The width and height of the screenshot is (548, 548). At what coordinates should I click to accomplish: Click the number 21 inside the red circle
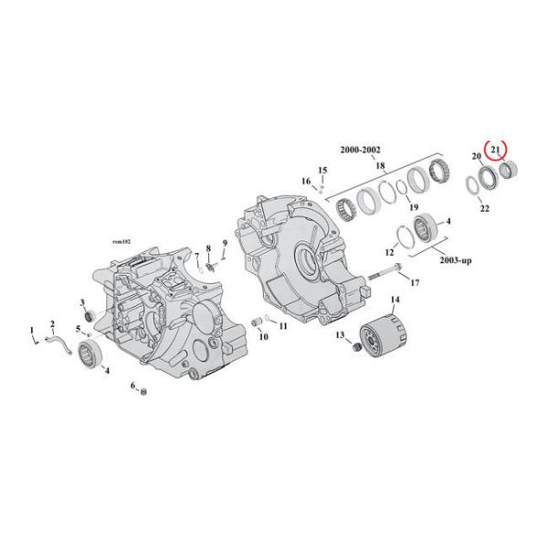(494, 150)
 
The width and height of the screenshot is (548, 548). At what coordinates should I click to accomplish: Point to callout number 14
(395, 300)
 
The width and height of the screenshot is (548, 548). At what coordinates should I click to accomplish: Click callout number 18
(380, 167)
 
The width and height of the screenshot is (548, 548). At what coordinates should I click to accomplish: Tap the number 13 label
(342, 336)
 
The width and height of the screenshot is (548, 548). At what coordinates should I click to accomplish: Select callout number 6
(133, 385)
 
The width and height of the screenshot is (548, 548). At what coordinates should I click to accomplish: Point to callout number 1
(32, 329)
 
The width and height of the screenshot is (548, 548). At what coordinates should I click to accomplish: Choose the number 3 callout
(82, 303)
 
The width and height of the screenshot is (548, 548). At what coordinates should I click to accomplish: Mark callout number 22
(484, 209)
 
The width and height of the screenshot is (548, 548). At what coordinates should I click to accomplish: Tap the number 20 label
(476, 157)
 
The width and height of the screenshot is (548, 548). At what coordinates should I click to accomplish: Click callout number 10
(264, 337)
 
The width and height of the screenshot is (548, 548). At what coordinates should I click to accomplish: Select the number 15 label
(321, 171)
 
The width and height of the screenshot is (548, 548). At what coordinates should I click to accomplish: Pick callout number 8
(207, 248)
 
